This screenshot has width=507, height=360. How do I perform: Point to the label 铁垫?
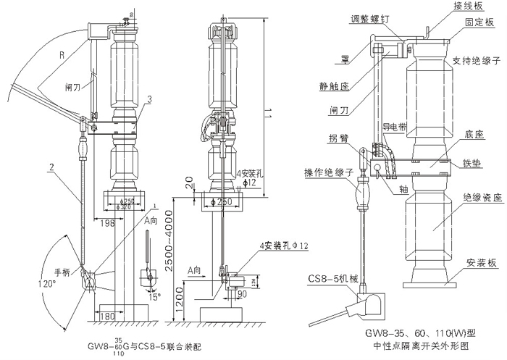click(x=471, y=161)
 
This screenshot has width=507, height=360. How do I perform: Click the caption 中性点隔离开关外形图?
click(x=411, y=346)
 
